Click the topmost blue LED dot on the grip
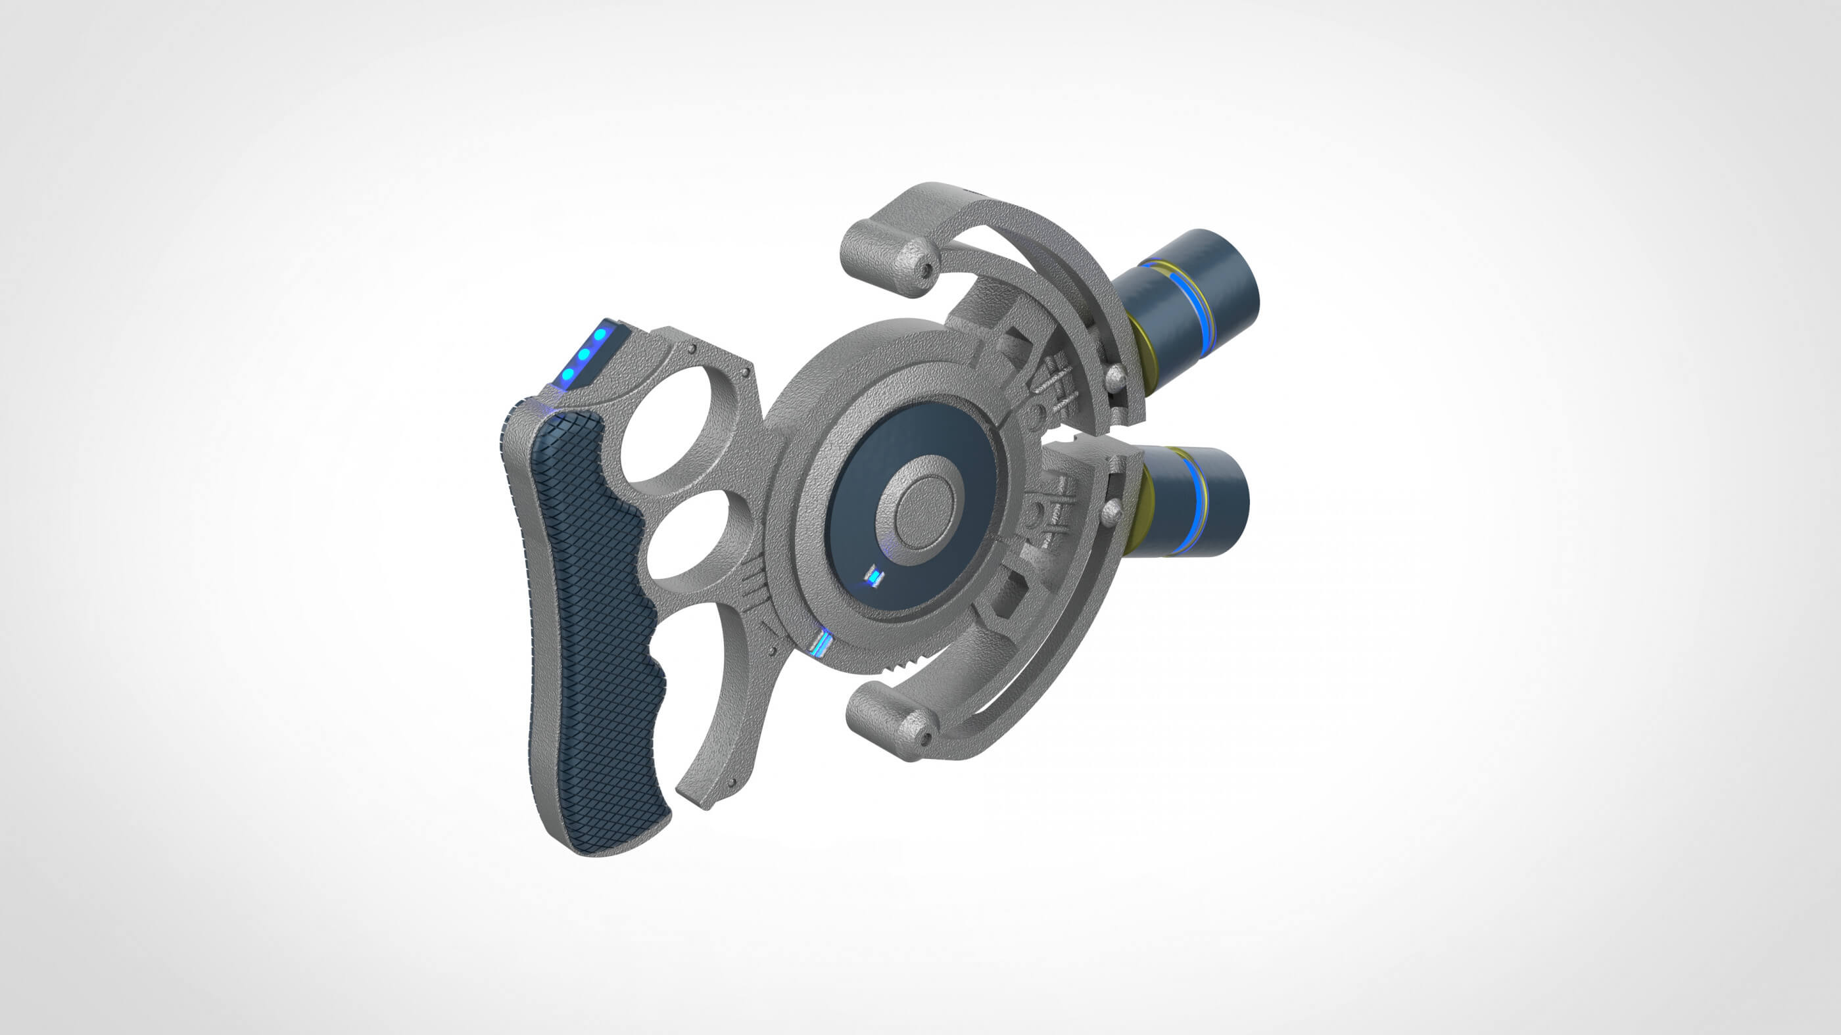600,334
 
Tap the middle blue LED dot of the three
584,353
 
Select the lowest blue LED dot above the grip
568,373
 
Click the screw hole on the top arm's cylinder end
927,270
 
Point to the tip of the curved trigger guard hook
704,804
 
